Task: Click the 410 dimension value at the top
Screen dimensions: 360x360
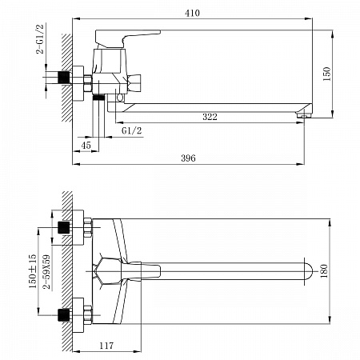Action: coord(192,13)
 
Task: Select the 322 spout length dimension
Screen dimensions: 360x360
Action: coord(210,117)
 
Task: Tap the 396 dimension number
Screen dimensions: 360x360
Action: coord(188,158)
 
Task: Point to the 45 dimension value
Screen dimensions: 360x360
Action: coord(86,146)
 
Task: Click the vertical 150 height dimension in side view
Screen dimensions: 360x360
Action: coord(326,74)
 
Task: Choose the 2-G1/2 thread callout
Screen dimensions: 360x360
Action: coord(40,39)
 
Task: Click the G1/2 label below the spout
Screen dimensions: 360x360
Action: coord(132,130)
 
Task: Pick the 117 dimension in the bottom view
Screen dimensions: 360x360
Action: coord(106,346)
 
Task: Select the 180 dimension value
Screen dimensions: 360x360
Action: coord(324,271)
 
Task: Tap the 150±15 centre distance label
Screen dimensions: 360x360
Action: coord(33,271)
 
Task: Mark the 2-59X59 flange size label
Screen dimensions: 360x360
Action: coord(46,272)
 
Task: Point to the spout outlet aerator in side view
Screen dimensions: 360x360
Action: coord(303,115)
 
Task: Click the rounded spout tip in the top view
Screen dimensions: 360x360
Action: coord(309,271)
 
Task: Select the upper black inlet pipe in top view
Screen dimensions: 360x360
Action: coord(64,227)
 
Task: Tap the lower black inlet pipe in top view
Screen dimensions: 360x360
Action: coord(64,315)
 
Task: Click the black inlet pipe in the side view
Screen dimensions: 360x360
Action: coord(64,78)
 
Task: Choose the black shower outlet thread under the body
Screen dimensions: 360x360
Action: coord(98,98)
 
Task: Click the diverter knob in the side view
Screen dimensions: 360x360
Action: coord(134,83)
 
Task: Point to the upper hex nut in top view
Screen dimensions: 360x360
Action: coord(88,227)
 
